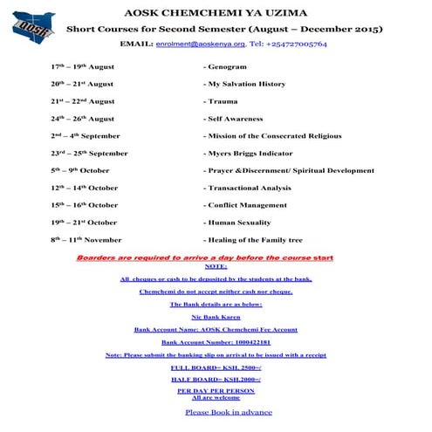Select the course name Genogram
coord(227,67)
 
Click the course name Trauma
coord(222,101)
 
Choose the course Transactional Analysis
coord(249,188)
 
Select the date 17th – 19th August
coord(82,67)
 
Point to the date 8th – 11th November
coord(86,239)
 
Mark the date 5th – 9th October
coord(80,170)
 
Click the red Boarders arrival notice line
coord(204,258)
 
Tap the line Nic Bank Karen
coord(216,317)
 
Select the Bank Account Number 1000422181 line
coord(216,343)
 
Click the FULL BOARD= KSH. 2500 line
coord(216,368)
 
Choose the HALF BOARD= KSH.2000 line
coord(216,381)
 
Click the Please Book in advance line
coord(229,412)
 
